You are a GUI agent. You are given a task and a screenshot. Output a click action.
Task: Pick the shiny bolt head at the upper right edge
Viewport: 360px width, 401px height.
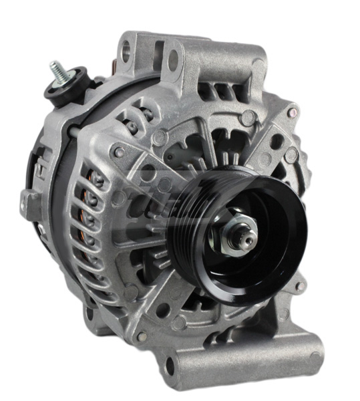[291, 156]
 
